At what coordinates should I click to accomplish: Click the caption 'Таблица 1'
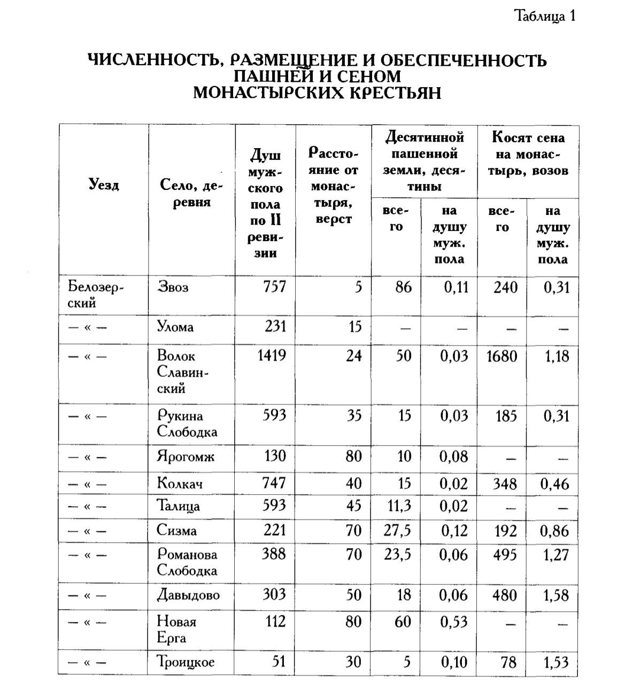[x=544, y=16]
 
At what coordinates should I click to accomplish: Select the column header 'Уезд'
[x=103, y=185]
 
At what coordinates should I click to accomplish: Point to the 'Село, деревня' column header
[x=191, y=194]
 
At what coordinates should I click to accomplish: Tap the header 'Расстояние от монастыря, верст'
[x=333, y=186]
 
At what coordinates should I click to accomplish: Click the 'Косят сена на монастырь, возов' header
[x=528, y=154]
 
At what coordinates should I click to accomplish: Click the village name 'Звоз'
[x=173, y=287]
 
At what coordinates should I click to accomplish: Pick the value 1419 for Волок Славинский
[x=271, y=356]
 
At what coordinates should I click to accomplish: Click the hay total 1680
[x=501, y=356]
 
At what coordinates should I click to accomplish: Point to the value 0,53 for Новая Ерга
[x=453, y=622]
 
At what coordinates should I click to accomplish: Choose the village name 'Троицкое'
[x=186, y=662]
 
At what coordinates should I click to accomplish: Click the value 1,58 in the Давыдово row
[x=556, y=595]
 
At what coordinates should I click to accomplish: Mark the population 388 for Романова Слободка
[x=273, y=554]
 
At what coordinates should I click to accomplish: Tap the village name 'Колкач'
[x=180, y=483]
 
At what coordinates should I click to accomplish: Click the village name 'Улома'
[x=175, y=327]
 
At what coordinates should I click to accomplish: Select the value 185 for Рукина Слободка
[x=506, y=416]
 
